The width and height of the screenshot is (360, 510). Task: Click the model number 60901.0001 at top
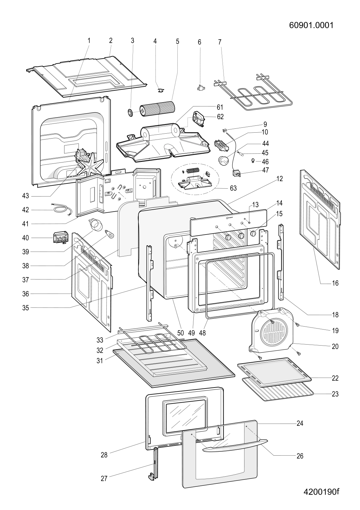tap(311, 25)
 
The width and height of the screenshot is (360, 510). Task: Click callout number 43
tap(26, 196)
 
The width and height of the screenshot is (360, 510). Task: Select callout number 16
tap(335, 283)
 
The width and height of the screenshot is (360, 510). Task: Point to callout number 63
tap(233, 188)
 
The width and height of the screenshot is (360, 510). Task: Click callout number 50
tap(180, 333)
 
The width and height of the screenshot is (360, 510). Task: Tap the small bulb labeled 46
tap(252, 161)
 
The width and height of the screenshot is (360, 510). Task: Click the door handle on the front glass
tap(235, 444)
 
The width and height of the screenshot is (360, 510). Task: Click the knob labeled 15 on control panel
tap(253, 233)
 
